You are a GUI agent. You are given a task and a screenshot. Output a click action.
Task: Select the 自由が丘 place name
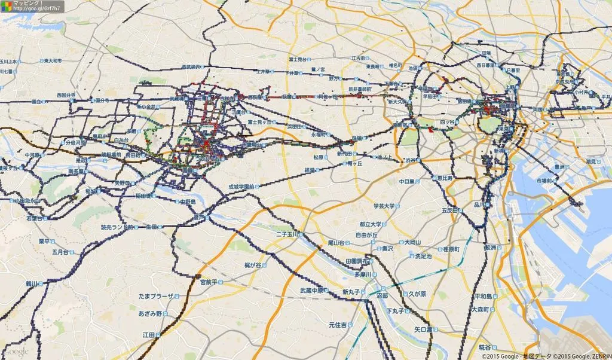[366, 235]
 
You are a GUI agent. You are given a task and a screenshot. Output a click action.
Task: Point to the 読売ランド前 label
[117, 227]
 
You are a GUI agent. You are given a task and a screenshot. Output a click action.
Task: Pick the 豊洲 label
[560, 167]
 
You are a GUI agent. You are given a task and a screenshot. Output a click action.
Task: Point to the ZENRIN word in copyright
[600, 356]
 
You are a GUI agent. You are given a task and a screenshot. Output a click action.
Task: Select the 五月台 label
[60, 252]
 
